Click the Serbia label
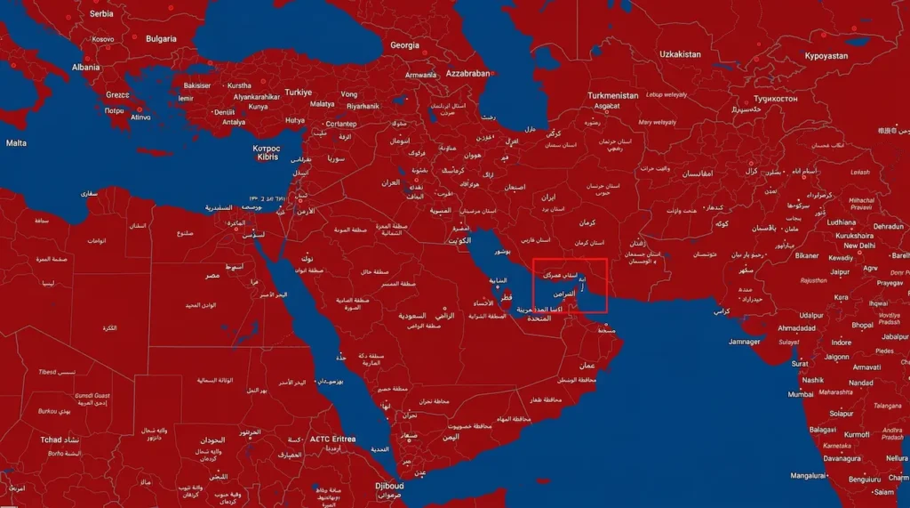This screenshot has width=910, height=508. [101, 13]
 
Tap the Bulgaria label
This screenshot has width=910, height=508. [161, 39]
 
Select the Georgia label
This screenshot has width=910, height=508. [404, 44]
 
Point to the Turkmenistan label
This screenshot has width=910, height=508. [613, 95]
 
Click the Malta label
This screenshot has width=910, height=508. [16, 143]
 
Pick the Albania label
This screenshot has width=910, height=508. [86, 67]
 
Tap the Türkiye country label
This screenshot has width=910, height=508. [299, 93]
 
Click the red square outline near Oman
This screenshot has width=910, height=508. [570, 286]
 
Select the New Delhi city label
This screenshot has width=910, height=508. [859, 246]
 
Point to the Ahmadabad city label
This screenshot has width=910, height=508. [797, 328]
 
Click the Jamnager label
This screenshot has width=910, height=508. [744, 342]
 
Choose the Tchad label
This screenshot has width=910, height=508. [51, 439]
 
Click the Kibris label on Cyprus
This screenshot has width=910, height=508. [267, 157]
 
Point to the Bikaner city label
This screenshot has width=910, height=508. [807, 255]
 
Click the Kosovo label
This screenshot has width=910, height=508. [103, 39]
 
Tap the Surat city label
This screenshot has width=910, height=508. [800, 364]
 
